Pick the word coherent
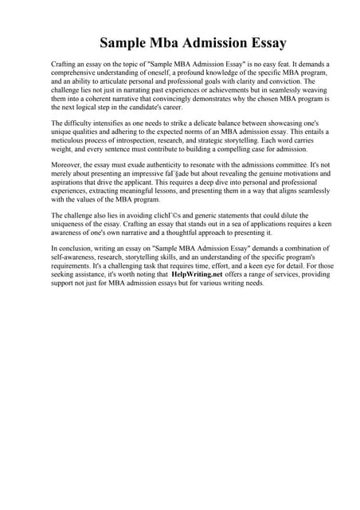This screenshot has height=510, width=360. tap(100, 98)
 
